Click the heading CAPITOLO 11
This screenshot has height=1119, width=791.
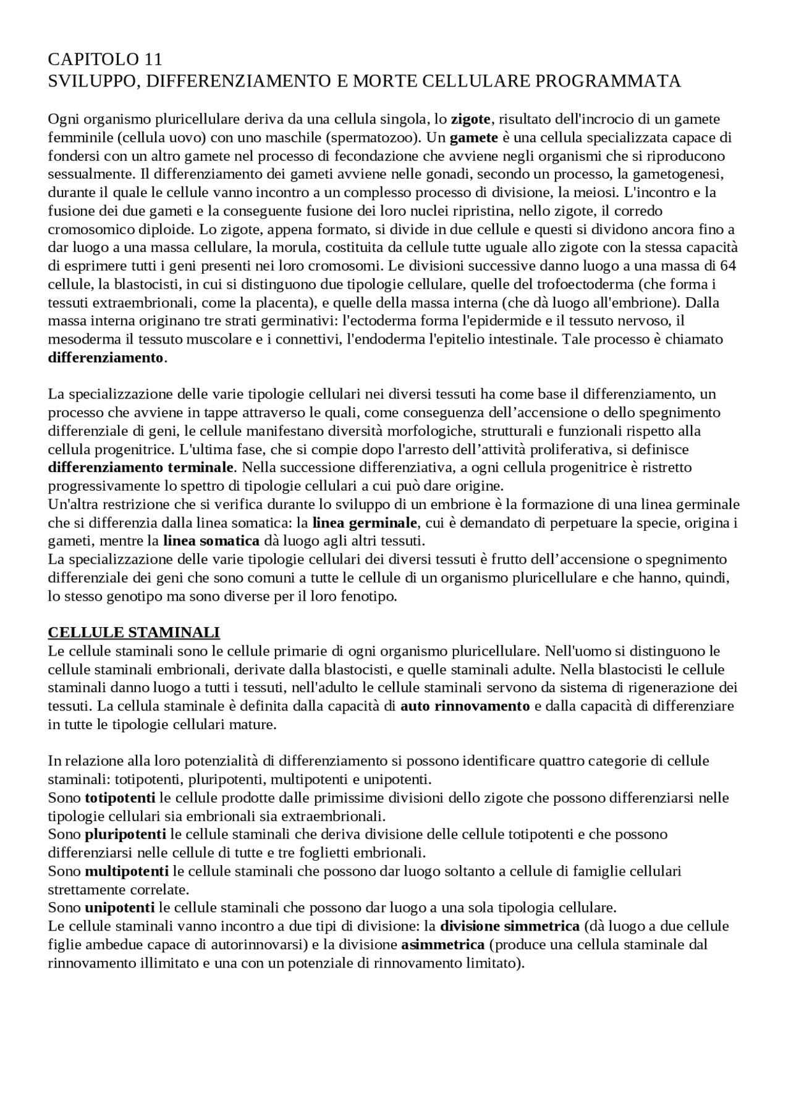(105, 60)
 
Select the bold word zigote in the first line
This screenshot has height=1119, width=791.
(470, 119)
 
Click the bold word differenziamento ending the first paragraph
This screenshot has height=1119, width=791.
(106, 358)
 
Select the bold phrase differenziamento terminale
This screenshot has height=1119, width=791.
(142, 467)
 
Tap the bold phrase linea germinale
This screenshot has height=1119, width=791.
(365, 523)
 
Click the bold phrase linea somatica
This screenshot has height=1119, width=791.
(211, 541)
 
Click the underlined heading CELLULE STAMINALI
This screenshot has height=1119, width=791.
(134, 633)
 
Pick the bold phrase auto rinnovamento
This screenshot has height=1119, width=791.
(465, 706)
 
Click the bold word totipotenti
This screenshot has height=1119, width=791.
(120, 798)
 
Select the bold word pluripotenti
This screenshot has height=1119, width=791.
(125, 835)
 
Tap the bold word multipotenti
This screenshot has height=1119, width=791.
(127, 871)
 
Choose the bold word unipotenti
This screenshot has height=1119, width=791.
(120, 908)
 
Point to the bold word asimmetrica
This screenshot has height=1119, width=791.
(442, 945)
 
